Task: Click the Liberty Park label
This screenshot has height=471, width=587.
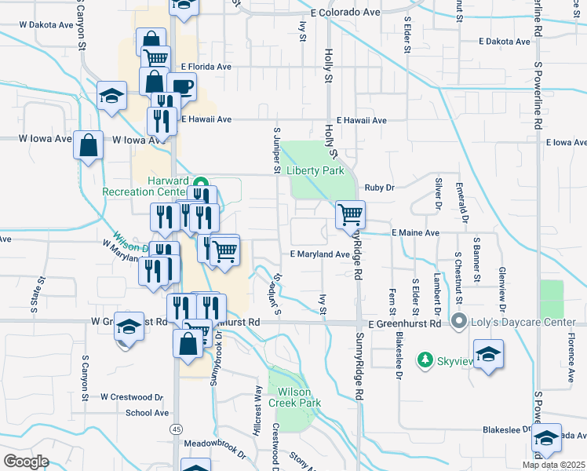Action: click(x=315, y=170)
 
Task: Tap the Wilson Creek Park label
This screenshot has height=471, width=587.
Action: click(x=295, y=397)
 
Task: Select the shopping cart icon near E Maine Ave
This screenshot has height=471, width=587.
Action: click(x=350, y=214)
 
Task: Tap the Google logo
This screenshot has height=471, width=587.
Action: click(x=26, y=462)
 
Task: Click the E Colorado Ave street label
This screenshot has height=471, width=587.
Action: click(x=345, y=13)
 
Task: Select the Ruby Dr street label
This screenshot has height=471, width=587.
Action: click(x=379, y=188)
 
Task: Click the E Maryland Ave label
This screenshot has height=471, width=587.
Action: click(x=319, y=254)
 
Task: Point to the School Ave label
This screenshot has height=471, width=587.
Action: click(x=147, y=413)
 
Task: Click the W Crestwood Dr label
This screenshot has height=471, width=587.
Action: click(x=131, y=397)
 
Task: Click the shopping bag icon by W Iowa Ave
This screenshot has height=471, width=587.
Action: click(x=89, y=145)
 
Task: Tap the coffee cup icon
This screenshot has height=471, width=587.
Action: click(x=182, y=86)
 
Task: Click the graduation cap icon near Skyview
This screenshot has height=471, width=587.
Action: click(x=488, y=353)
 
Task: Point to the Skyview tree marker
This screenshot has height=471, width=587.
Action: click(x=425, y=359)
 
